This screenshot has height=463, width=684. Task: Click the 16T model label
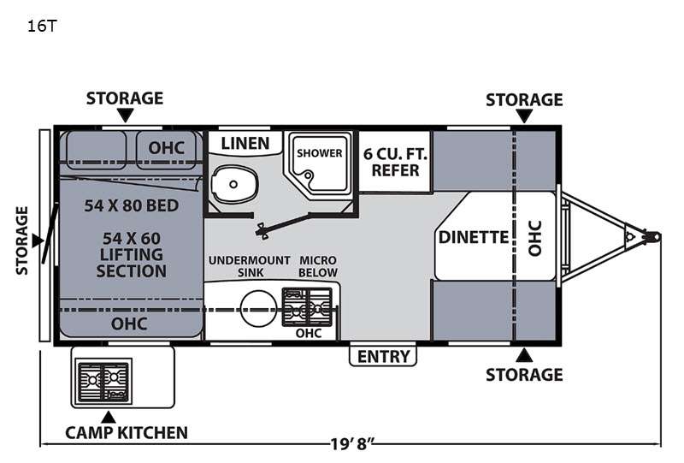pyautogui.click(x=42, y=27)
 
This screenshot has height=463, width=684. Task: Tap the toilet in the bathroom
pyautogui.click(x=234, y=184)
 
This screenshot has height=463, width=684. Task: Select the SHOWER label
pyautogui.click(x=319, y=153)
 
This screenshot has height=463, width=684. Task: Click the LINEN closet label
pyautogui.click(x=245, y=143)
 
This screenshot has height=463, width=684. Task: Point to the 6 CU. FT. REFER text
pyautogui.click(x=395, y=162)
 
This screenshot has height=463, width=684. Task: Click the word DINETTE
pyautogui.click(x=474, y=237)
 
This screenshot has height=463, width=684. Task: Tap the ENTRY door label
pyautogui.click(x=383, y=356)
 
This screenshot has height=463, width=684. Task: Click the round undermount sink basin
pyautogui.click(x=259, y=308)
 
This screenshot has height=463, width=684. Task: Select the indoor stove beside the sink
pyautogui.click(x=307, y=306)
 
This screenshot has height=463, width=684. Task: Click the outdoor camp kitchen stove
pyautogui.click(x=103, y=382)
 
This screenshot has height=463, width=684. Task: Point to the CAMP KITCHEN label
pyautogui.click(x=127, y=433)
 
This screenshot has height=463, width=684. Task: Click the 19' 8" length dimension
pyautogui.click(x=352, y=444)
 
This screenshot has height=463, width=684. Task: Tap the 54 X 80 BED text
pyautogui.click(x=132, y=205)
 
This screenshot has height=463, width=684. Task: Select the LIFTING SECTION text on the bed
pyautogui.click(x=132, y=263)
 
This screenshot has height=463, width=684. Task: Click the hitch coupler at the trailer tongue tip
pyautogui.click(x=652, y=237)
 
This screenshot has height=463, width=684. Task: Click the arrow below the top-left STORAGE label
pyautogui.click(x=125, y=116)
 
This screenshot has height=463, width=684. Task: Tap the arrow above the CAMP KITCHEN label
pyautogui.click(x=109, y=417)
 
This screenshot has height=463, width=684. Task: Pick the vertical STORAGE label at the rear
pyautogui.click(x=22, y=240)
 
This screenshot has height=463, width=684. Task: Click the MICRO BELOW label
pyautogui.click(x=318, y=266)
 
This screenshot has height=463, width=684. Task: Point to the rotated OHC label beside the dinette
pyautogui.click(x=535, y=238)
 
